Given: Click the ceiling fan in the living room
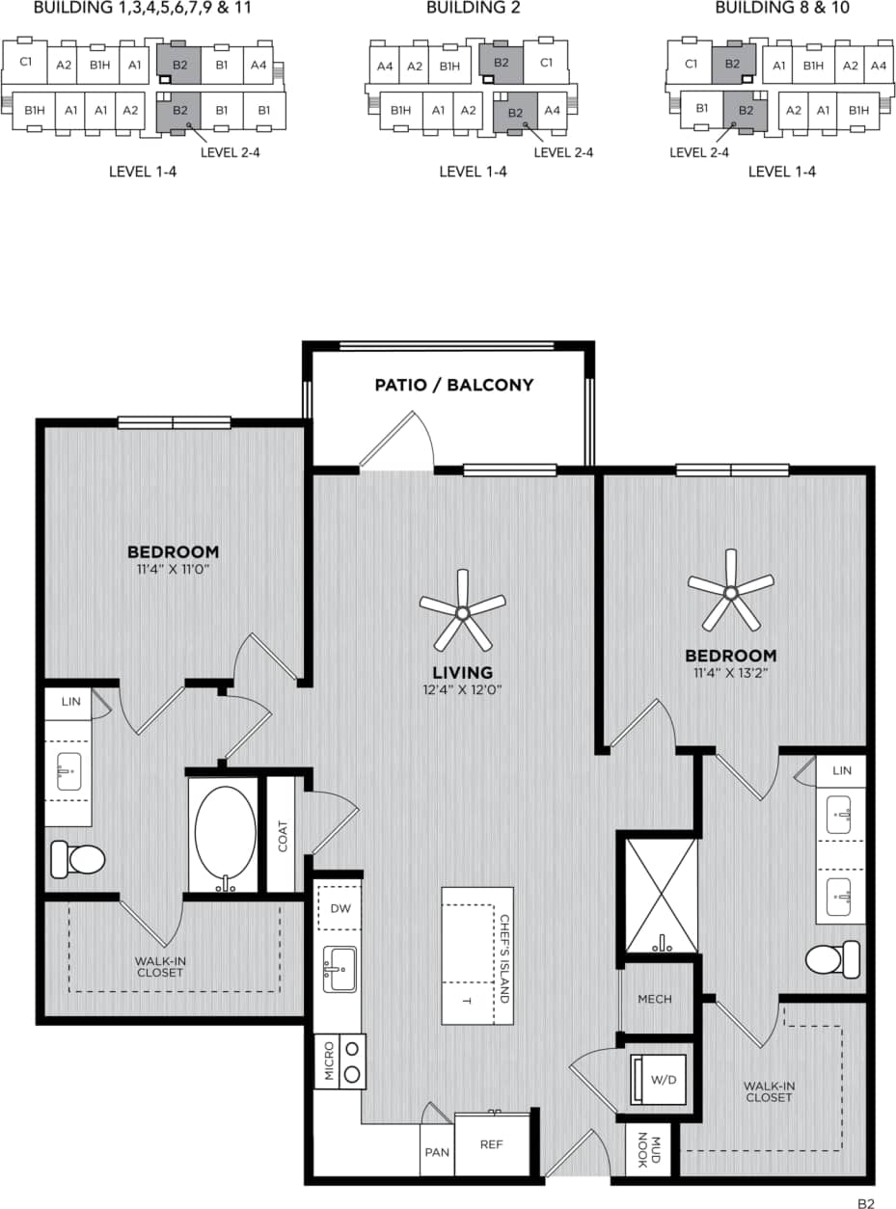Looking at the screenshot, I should (x=463, y=611).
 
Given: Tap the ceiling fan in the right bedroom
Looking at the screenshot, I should (x=730, y=590).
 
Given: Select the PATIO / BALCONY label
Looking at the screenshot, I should (x=453, y=386).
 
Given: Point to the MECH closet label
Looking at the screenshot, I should (x=655, y=1000).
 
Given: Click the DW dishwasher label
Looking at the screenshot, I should (x=339, y=907).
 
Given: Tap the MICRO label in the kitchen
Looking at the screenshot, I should (x=329, y=1061).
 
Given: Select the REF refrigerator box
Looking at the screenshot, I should (x=493, y=1144).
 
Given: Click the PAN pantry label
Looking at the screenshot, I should (x=436, y=1152).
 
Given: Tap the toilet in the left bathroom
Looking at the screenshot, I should (x=77, y=857).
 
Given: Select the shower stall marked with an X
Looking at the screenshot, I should (x=661, y=896).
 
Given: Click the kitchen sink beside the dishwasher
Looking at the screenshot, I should (x=339, y=968).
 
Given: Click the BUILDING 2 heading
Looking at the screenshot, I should (x=474, y=9).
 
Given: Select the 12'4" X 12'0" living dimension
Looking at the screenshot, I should (x=462, y=689).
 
